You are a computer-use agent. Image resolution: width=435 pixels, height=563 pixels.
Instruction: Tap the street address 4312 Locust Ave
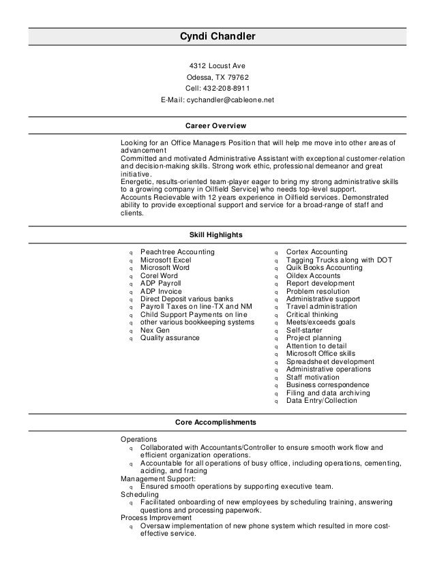point(217,66)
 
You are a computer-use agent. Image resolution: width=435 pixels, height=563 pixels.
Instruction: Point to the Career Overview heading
point(216,126)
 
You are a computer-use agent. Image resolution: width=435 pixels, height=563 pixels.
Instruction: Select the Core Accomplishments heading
point(215,423)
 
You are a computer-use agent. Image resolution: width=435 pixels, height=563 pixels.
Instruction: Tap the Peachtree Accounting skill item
point(177,252)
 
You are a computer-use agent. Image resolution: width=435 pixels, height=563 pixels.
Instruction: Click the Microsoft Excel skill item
point(166,260)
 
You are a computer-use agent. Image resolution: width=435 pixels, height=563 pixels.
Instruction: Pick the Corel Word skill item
point(159,275)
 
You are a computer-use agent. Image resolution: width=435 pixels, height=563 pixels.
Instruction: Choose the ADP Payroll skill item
point(162,283)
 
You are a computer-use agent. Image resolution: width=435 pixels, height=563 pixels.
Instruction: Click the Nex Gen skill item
point(155,330)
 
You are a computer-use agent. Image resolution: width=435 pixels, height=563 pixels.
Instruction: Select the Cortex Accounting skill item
point(316,252)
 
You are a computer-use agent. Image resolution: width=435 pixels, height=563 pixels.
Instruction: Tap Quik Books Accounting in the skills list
point(324,268)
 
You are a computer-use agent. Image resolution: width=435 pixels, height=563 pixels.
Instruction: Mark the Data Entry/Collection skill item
point(321,401)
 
